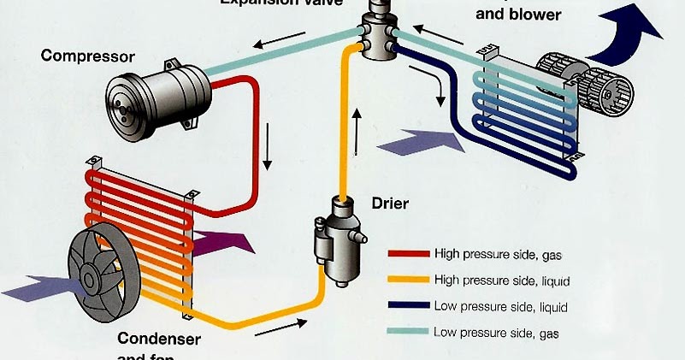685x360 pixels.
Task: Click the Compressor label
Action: [x=87, y=57]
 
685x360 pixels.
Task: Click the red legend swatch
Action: [x=408, y=254]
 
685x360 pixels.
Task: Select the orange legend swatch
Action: [x=408, y=280]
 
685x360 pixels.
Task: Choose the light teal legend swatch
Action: [x=408, y=332]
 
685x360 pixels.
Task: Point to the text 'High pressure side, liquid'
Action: [x=501, y=280]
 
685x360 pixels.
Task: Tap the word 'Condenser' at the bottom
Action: [x=159, y=339]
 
